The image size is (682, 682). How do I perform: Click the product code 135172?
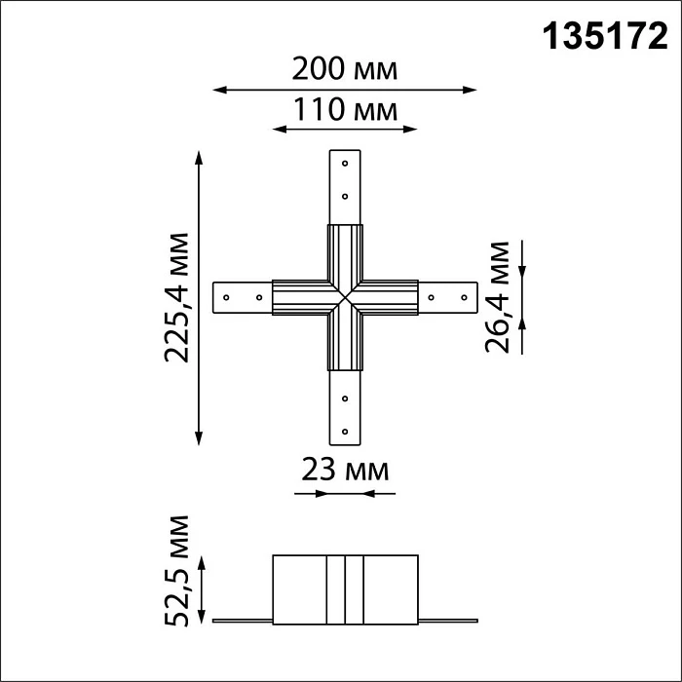605,37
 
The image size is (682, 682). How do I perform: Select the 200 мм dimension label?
345,69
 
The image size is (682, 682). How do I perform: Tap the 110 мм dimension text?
345,109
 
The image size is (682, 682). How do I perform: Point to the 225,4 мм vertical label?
177,297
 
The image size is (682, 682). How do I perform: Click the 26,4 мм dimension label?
497,297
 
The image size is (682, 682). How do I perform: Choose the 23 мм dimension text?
345,470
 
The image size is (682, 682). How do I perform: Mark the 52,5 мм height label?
177,571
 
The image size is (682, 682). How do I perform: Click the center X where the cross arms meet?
345,297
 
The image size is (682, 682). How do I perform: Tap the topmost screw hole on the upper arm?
345,164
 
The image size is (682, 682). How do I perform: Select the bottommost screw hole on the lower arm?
345,432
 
